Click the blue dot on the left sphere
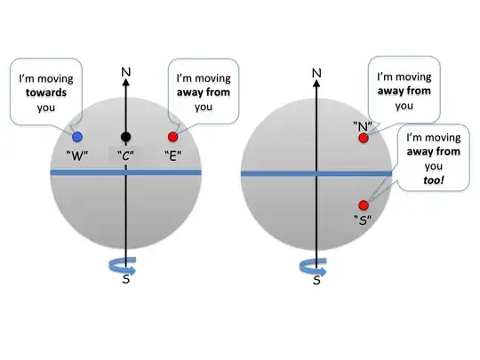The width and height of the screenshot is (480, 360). point(77,136)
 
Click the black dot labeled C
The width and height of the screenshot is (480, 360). point(125,136)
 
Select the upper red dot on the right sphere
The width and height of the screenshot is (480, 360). point(363,138)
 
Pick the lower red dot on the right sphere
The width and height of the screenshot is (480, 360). point(363,205)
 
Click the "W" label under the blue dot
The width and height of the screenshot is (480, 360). point(77,156)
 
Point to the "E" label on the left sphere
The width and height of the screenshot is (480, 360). point(173,156)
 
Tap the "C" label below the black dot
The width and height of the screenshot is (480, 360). point(124,156)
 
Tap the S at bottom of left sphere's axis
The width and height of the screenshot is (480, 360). point(125,280)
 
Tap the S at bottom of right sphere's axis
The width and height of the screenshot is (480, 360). point(316,280)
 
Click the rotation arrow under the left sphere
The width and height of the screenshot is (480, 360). point(125,264)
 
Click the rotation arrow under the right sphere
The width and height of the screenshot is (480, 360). point(316,264)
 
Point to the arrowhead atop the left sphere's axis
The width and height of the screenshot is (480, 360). point(125,79)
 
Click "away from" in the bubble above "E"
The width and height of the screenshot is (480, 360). point(204,92)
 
